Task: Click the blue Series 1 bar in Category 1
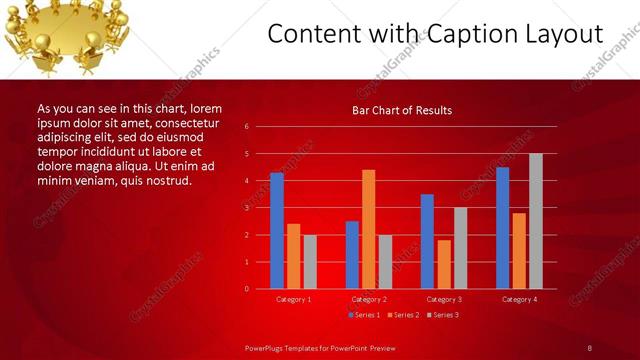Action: click(277, 231)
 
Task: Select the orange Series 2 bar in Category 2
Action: click(368, 229)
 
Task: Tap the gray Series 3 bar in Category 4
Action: click(536, 221)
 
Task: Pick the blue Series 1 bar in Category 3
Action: click(427, 241)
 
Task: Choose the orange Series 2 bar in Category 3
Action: click(444, 264)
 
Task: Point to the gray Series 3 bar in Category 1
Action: click(310, 261)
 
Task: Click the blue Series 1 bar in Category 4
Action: click(502, 228)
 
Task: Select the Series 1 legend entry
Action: click(364, 315)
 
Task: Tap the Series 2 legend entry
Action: click(402, 315)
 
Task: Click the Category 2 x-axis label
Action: click(368, 299)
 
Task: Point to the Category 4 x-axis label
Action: click(519, 299)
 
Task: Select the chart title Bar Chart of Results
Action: click(402, 110)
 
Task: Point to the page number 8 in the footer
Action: click(590, 347)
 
